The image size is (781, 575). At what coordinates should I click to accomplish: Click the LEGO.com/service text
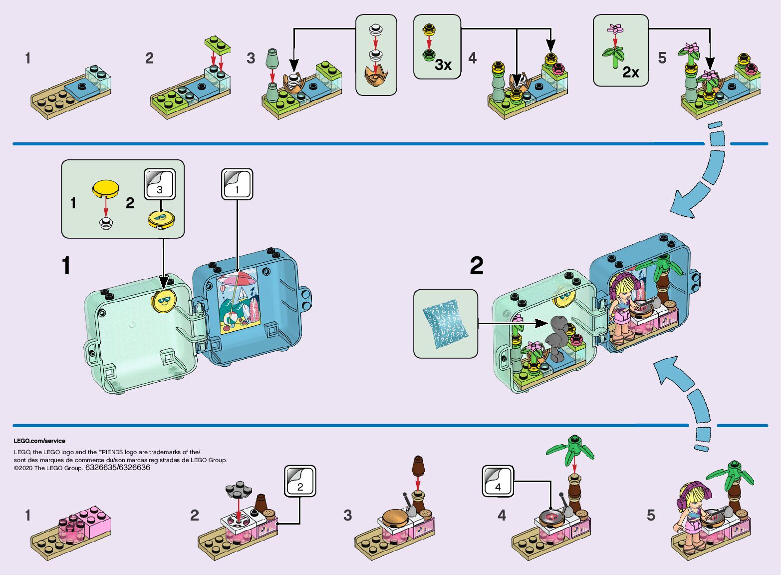(39, 441)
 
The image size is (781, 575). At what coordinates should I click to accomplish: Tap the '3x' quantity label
(443, 65)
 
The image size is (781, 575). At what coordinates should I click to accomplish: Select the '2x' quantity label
(630, 72)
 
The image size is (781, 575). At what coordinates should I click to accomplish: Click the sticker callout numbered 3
(160, 184)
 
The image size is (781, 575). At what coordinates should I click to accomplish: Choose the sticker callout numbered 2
(300, 481)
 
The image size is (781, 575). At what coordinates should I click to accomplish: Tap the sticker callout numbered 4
(498, 482)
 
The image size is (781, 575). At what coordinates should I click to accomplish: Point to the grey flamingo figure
(555, 338)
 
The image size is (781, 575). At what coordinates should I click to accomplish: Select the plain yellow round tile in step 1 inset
(106, 188)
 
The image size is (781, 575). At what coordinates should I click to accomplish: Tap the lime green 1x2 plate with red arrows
(217, 44)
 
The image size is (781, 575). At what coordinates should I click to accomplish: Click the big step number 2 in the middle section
(476, 266)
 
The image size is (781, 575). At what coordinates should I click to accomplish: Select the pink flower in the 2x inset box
(616, 28)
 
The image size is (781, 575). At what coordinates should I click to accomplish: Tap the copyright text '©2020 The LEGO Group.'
(48, 468)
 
